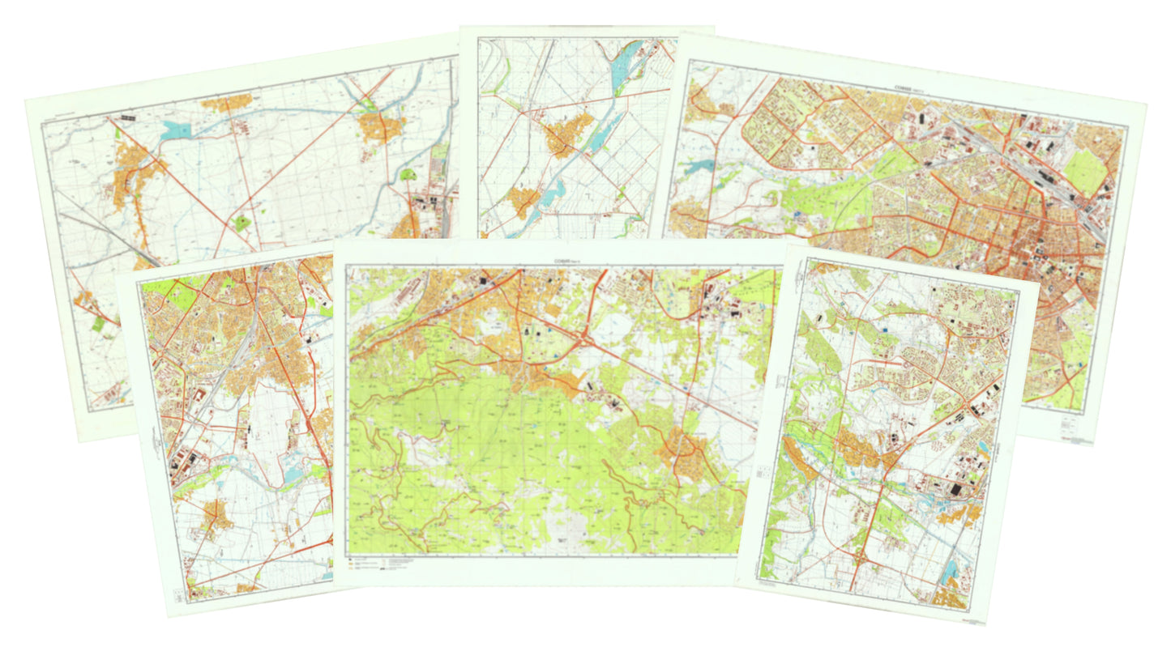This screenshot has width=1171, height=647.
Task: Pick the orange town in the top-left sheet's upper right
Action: (381, 127)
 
